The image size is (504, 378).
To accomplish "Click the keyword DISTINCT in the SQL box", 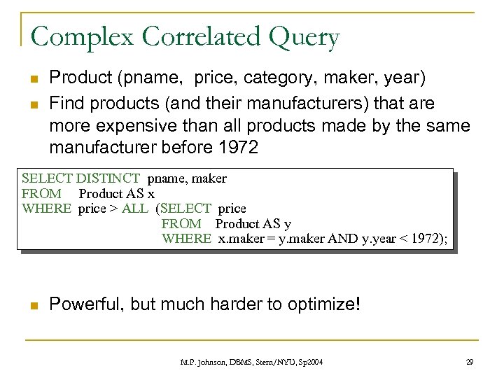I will pos(108,178).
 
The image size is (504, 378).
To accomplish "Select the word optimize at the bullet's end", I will pos(318,304).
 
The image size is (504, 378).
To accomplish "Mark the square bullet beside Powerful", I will pos(34,305).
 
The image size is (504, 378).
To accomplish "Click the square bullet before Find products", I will pos(34,104).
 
